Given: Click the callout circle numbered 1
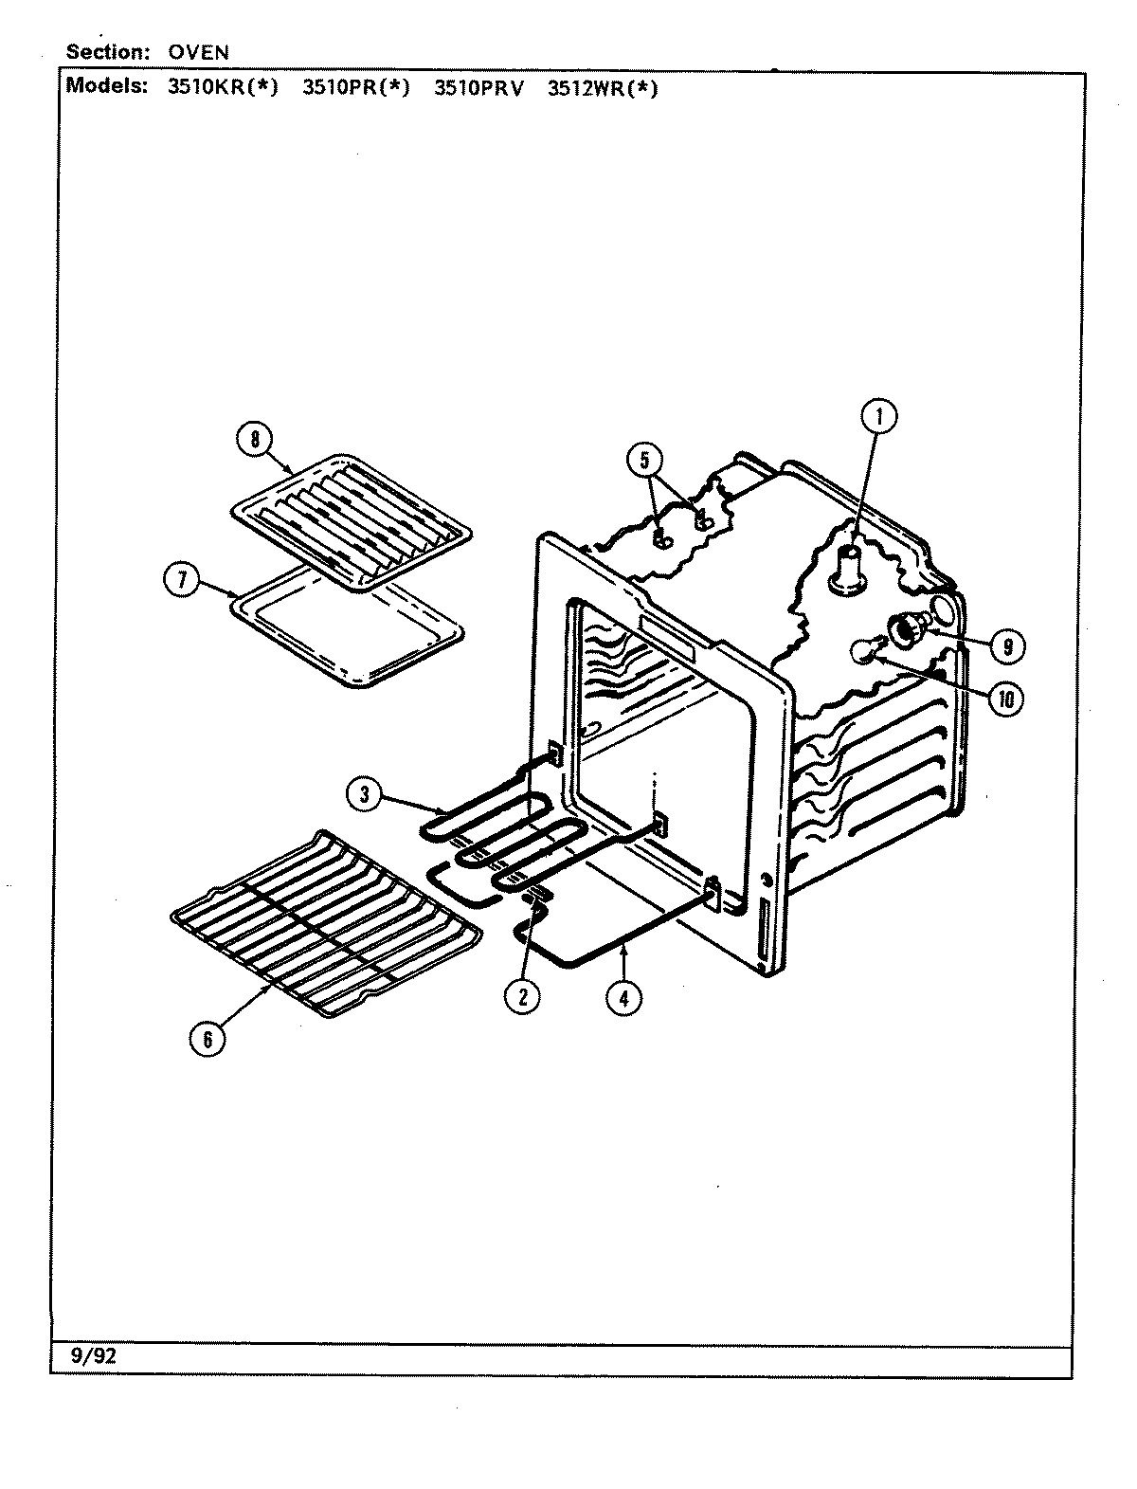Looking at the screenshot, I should [x=878, y=417].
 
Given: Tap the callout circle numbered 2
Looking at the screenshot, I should [x=522, y=996].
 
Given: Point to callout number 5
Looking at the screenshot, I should [x=643, y=462].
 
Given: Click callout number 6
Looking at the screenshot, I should [x=208, y=1039].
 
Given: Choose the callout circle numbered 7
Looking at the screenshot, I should [x=181, y=580].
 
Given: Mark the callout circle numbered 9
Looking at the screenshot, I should [x=1006, y=646].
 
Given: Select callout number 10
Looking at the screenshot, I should [x=1006, y=699].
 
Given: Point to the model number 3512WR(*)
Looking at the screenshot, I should [x=603, y=88].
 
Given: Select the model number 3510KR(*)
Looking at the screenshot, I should [x=224, y=88].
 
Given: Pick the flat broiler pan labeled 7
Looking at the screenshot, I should [x=346, y=630].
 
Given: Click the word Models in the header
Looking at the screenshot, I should [x=107, y=86].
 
